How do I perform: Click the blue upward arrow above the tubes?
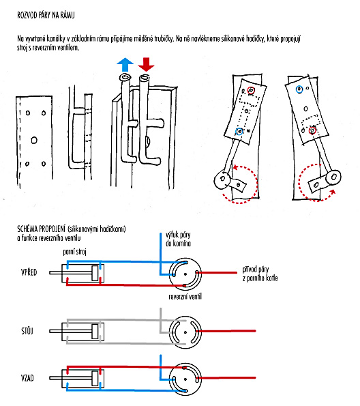[125, 64]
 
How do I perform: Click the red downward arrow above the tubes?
[146, 64]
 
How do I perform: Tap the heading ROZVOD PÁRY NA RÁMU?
[46, 15]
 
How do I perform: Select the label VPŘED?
[29, 272]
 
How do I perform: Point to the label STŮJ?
[27, 331]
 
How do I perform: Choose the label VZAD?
[27, 378]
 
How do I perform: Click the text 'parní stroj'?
[74, 252]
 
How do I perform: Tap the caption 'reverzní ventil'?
[185, 296]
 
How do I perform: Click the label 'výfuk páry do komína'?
[179, 239]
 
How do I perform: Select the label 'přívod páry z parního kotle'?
[260, 274]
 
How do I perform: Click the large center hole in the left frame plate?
[34, 140]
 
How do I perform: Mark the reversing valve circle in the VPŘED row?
[185, 274]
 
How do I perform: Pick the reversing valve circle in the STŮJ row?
[185, 332]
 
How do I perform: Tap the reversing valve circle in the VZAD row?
[185, 379]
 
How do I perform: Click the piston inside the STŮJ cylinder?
[95, 331]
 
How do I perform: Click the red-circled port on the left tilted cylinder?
[251, 90]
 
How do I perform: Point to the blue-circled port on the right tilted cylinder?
[299, 89]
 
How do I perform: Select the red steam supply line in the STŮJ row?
[226, 331]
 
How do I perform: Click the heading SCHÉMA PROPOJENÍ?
[42, 229]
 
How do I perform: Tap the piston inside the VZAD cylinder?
[95, 378]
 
